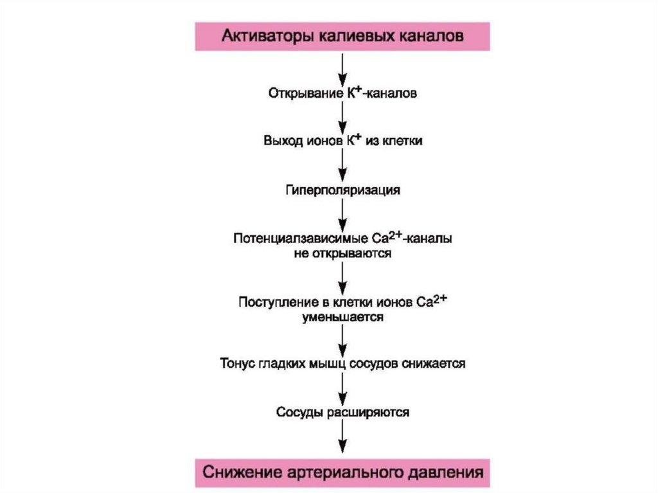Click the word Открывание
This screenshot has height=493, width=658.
coord(296,94)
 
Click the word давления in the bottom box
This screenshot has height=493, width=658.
coord(449,474)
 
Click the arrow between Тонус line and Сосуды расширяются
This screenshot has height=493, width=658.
coord(343,388)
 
